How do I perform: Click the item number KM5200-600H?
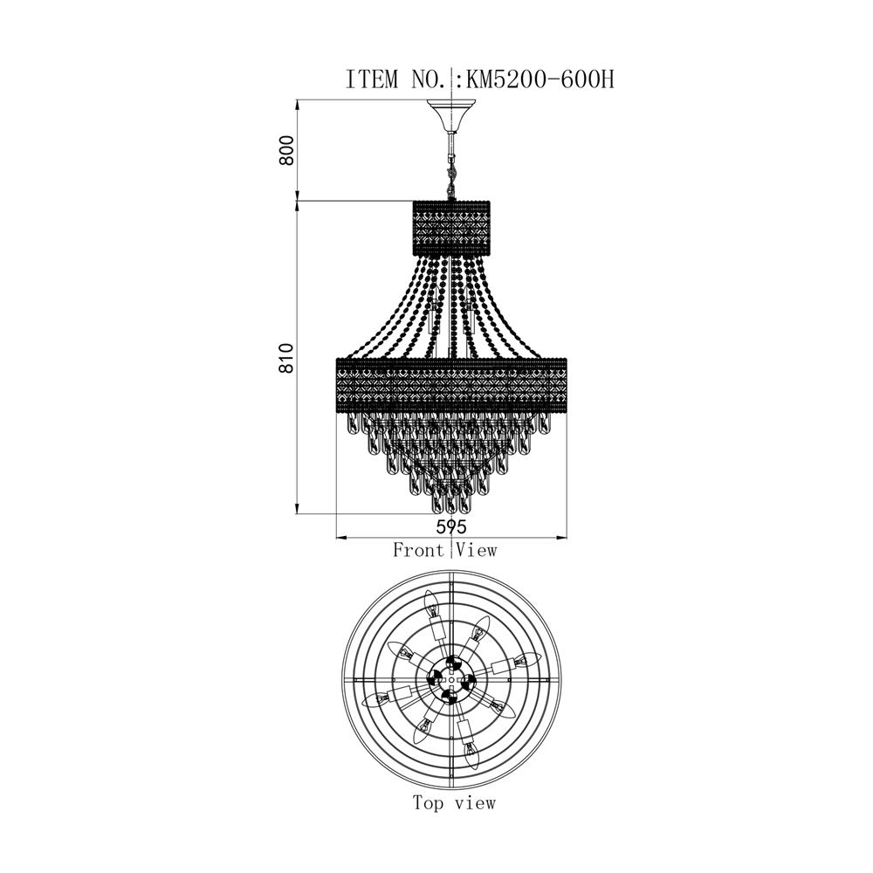pyautogui.click(x=540, y=79)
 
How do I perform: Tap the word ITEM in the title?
pyautogui.click(x=372, y=79)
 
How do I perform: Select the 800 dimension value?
pyautogui.click(x=286, y=150)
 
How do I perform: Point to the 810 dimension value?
pyautogui.click(x=286, y=358)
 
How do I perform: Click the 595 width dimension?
pyautogui.click(x=451, y=526)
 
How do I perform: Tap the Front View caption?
pyautogui.click(x=444, y=550)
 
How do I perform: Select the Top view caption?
pyautogui.click(x=454, y=802)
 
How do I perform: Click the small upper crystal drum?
pyautogui.click(x=451, y=227)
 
